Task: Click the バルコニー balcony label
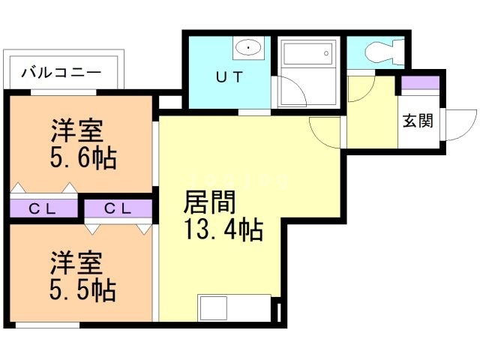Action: pos(61,73)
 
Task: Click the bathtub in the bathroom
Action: pos(306,53)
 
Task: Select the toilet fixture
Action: pos(379,51)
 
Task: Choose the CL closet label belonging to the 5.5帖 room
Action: pos(118,208)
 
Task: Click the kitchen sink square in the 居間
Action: pos(213,308)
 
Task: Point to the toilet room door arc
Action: pos(360,88)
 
